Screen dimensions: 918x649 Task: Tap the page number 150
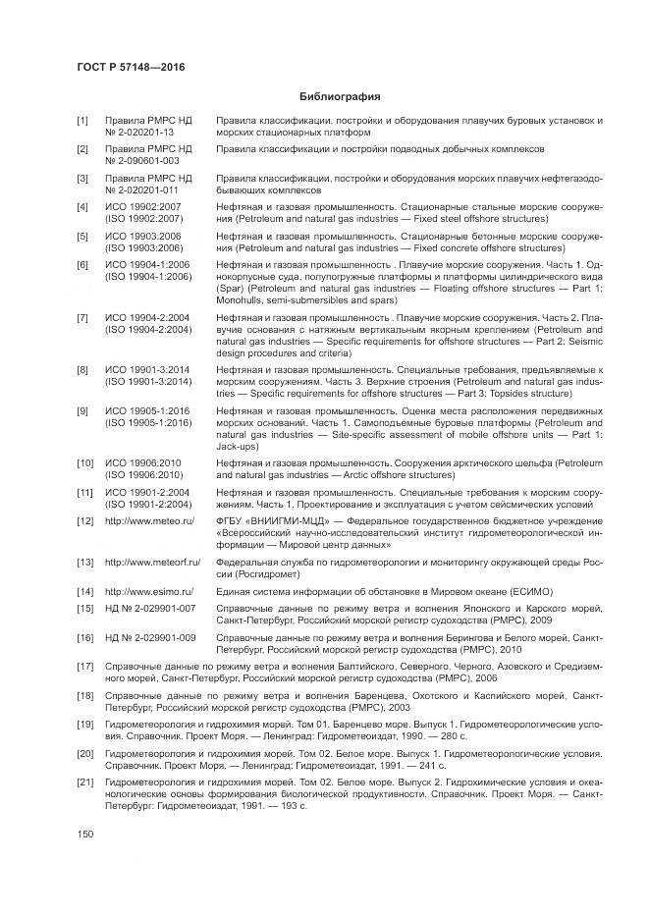click(85, 834)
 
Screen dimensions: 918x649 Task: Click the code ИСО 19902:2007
click(142, 207)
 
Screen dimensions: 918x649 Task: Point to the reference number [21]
click(84, 781)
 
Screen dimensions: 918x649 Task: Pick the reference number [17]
click(84, 667)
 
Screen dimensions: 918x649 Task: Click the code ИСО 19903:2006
click(142, 237)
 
